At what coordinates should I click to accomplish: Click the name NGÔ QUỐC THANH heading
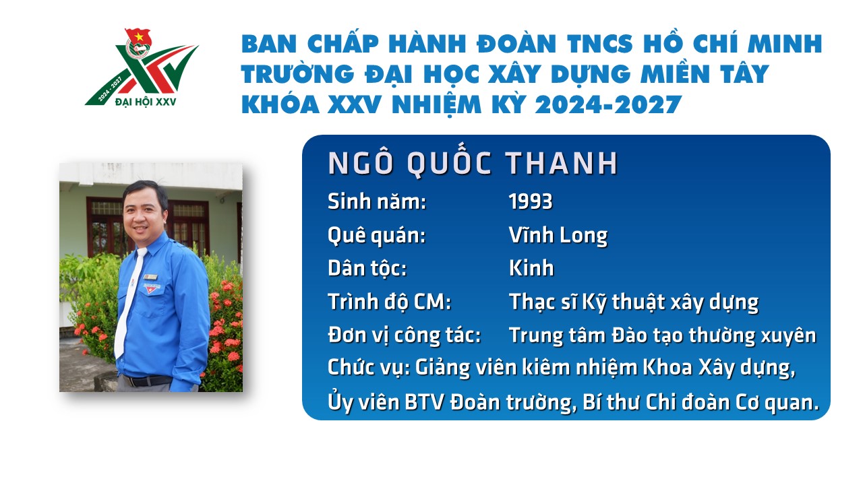point(473,163)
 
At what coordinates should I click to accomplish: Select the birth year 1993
point(531,201)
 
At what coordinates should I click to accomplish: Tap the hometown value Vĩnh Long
point(558,235)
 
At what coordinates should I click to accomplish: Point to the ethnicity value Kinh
point(531,268)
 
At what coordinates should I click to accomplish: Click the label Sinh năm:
point(377,201)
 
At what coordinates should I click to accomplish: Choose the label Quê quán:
point(376,235)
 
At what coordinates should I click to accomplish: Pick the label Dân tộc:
point(367,268)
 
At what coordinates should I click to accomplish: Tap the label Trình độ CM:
point(389,301)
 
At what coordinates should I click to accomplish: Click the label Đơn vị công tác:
point(404,335)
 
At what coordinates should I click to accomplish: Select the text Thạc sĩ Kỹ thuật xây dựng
point(634,302)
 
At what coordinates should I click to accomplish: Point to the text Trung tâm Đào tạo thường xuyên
point(663,335)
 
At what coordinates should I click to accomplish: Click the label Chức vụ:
point(369,368)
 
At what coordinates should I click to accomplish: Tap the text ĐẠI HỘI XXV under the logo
point(146,102)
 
